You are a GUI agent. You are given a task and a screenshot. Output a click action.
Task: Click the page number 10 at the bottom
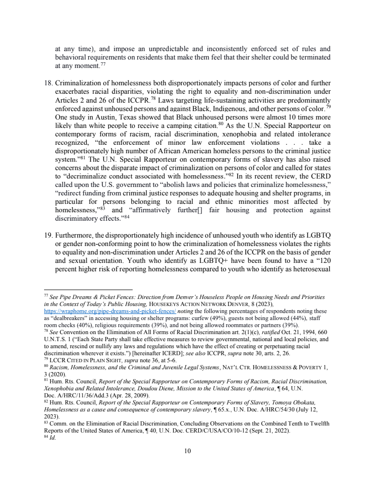[187, 451]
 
